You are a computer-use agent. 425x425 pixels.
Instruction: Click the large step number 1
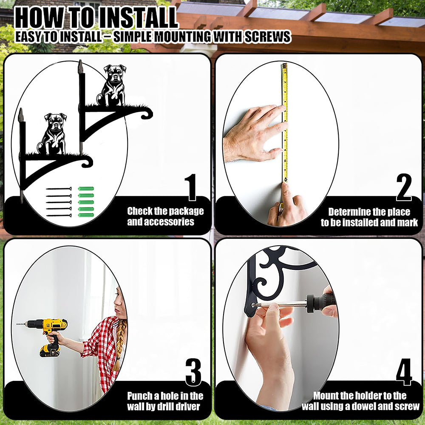(192, 187)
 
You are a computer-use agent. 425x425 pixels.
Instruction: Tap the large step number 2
(404, 187)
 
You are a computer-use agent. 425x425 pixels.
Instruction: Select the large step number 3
(193, 372)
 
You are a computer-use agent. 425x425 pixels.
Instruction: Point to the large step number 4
(404, 372)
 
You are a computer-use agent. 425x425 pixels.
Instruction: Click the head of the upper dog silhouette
(115, 73)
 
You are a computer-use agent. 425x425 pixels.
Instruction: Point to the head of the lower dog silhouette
(56, 121)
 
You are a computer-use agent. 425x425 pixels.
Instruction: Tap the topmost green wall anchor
(86, 189)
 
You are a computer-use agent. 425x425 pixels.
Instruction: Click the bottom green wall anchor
(86, 215)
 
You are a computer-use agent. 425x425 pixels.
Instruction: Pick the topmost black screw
(59, 189)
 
